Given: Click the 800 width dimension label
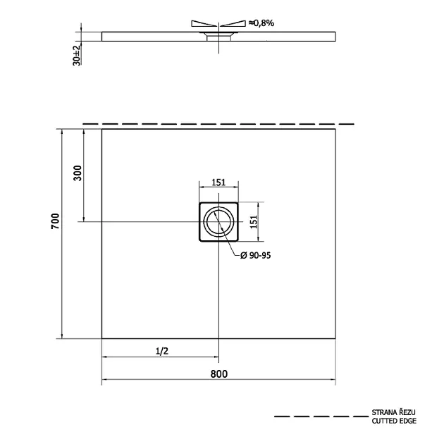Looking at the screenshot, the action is tap(219, 374).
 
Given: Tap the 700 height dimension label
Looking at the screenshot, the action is tap(55, 221).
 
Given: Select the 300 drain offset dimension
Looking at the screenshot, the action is tap(78, 173).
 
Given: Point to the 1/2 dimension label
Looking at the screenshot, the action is tap(162, 351).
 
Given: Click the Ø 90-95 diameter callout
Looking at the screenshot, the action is tap(255, 255).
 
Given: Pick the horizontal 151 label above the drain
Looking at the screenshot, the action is tap(218, 183).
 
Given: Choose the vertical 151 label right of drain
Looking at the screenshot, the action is tap(254, 222).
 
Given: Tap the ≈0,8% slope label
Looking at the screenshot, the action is tap(261, 23).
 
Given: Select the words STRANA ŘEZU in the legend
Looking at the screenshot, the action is tap(393, 412).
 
